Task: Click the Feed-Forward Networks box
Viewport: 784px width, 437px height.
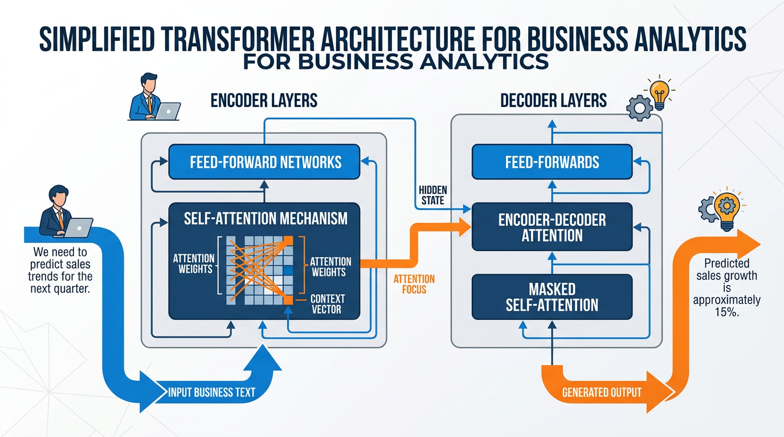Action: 265,162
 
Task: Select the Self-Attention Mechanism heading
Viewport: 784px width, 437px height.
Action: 265,218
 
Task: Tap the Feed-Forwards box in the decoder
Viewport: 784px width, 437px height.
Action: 552,162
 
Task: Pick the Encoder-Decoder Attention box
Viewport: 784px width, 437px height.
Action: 552,227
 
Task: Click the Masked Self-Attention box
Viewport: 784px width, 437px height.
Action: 552,296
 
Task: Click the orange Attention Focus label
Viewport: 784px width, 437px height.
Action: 414,284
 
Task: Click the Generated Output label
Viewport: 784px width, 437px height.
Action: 602,392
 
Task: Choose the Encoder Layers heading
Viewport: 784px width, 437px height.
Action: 264,101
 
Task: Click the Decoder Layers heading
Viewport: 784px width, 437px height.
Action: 554,101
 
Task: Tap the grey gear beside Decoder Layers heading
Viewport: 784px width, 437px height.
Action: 639,108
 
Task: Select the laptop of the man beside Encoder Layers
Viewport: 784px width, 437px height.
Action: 168,111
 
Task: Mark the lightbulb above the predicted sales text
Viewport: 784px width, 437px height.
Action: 726,208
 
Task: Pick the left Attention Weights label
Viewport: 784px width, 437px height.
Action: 194,263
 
